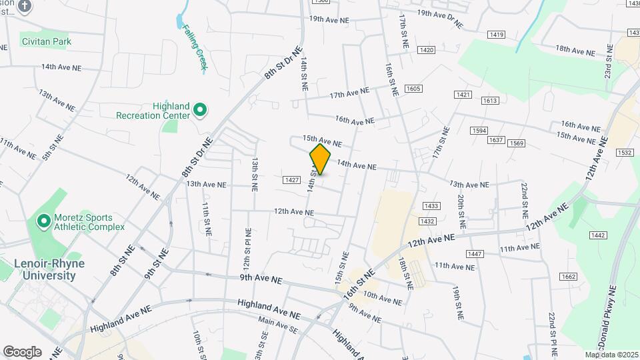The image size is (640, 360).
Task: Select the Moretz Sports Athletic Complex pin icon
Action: pyautogui.click(x=44, y=221)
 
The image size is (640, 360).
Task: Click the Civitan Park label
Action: pyautogui.click(x=45, y=41)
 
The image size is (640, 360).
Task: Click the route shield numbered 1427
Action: pyautogui.click(x=291, y=180)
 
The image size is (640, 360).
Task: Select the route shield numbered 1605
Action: pyautogui.click(x=413, y=89)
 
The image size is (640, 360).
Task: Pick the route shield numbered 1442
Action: pyautogui.click(x=597, y=235)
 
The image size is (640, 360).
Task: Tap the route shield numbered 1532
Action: pyautogui.click(x=625, y=153)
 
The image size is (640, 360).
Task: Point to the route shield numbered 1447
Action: pyautogui.click(x=475, y=254)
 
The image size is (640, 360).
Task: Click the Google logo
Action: pyautogui.click(x=22, y=352)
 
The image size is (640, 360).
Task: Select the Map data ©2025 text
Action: pyautogui.click(x=612, y=355)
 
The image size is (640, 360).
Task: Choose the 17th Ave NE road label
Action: pyautogui.click(x=349, y=92)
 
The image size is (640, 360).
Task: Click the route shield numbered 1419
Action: pyautogui.click(x=495, y=35)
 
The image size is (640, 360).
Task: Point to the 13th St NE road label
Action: pyautogui.click(x=255, y=175)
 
